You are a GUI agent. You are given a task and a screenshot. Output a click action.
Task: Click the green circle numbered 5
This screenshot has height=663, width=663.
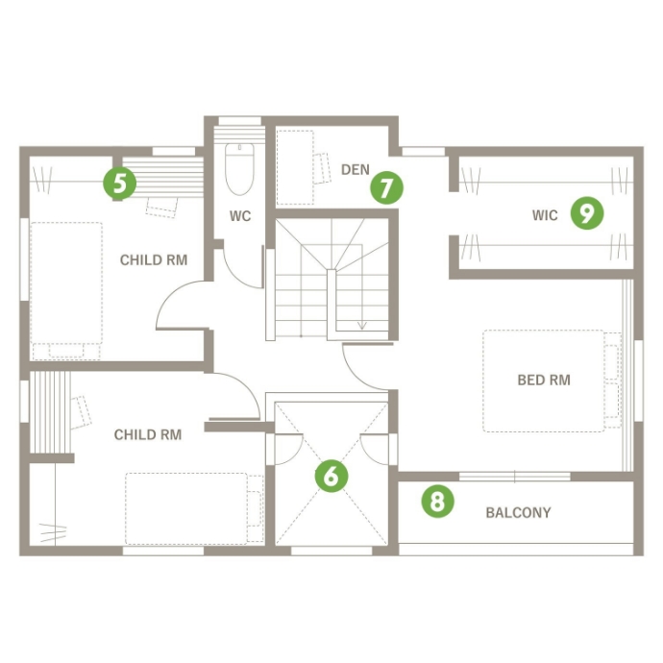(x=120, y=184)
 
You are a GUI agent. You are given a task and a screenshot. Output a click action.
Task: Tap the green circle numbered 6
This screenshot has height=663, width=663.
(x=331, y=476)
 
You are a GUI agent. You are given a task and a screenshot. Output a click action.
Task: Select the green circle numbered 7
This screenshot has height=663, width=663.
(x=386, y=187)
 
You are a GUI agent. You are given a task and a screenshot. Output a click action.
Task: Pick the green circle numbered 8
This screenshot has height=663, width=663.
(x=437, y=501)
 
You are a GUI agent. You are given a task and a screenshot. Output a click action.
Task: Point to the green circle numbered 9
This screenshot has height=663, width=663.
(x=587, y=213)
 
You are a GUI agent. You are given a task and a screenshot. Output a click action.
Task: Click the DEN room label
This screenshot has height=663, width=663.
(x=356, y=169)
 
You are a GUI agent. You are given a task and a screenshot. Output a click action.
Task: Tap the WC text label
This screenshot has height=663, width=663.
(x=240, y=216)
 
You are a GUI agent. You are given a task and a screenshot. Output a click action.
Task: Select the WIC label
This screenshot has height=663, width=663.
(x=545, y=215)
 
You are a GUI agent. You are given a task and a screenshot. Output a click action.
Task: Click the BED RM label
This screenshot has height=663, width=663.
(x=544, y=380)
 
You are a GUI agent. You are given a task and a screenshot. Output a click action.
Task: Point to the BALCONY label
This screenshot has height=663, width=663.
(x=519, y=512)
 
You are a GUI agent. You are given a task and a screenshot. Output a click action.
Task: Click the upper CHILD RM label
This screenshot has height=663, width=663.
(x=154, y=259)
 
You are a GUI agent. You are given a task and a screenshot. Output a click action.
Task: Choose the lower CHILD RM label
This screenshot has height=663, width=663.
(x=148, y=434)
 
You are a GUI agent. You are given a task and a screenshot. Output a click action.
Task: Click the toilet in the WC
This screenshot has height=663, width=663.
(x=239, y=169)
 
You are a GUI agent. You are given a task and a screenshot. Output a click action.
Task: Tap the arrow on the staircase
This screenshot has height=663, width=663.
(x=362, y=287)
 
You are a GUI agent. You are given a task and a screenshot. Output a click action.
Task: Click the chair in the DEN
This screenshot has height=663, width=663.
(x=322, y=168)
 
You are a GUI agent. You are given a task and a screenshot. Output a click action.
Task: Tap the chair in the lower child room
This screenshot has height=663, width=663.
(x=81, y=412)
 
